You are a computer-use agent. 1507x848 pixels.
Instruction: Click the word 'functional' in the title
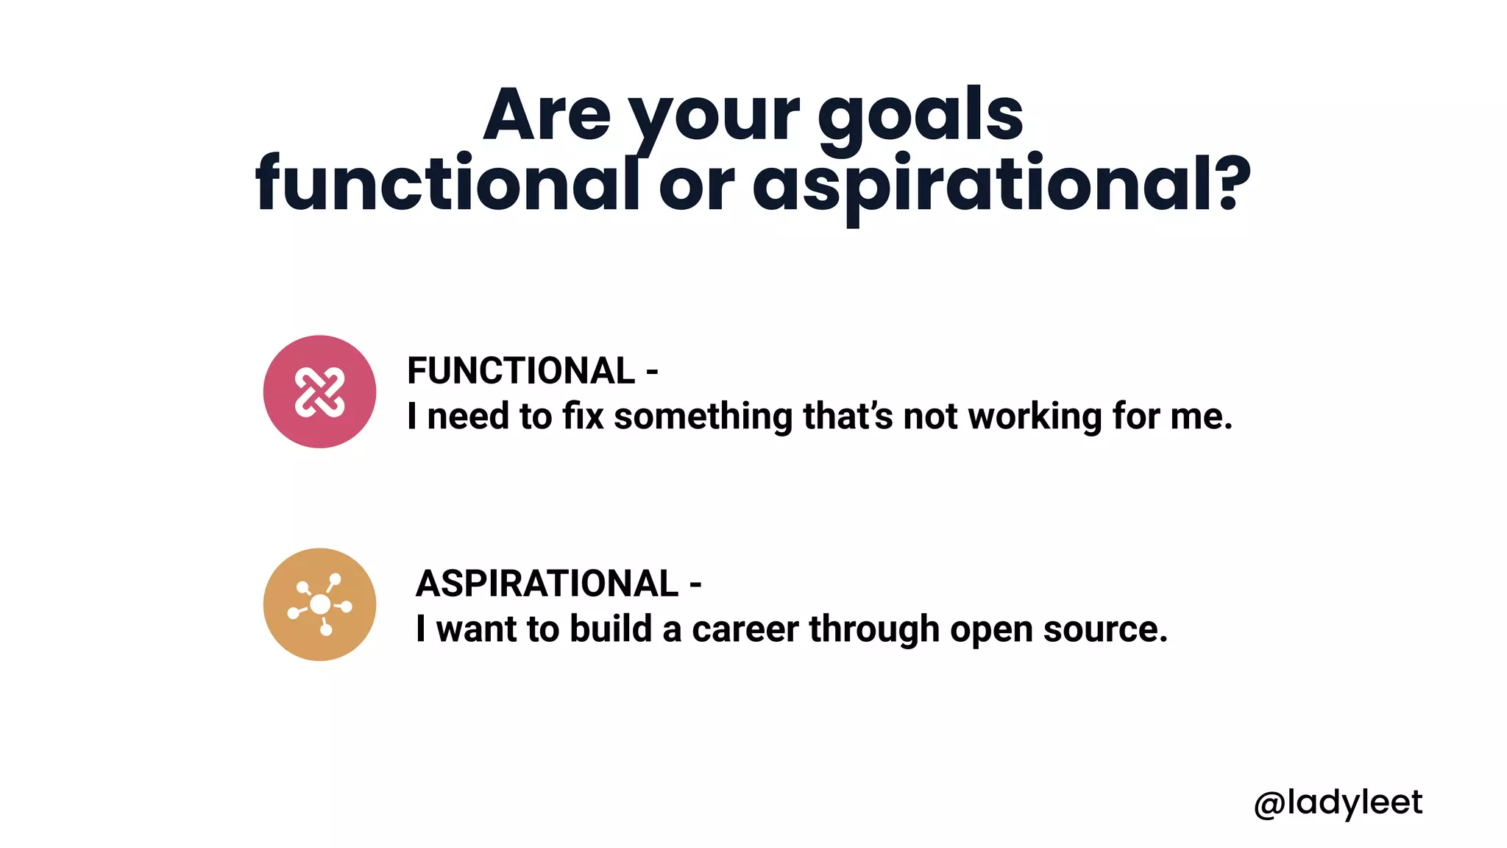pos(447,184)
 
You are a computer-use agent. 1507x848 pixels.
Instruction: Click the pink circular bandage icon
pos(319,392)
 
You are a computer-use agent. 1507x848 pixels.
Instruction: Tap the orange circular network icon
pos(319,604)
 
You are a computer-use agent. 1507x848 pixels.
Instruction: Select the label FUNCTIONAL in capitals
pos(521,370)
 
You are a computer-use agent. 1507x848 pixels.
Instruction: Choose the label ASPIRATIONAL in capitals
pos(547,583)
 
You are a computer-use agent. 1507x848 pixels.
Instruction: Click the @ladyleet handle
pos(1338,802)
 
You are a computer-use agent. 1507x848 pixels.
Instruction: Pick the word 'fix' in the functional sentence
pos(583,416)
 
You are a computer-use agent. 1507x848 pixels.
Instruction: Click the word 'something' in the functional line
pos(703,417)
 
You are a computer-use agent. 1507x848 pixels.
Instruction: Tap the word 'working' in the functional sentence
pos(1035,417)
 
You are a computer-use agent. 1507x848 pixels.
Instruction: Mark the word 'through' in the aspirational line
pos(874,629)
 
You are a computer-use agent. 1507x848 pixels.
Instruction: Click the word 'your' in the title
pos(714,118)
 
